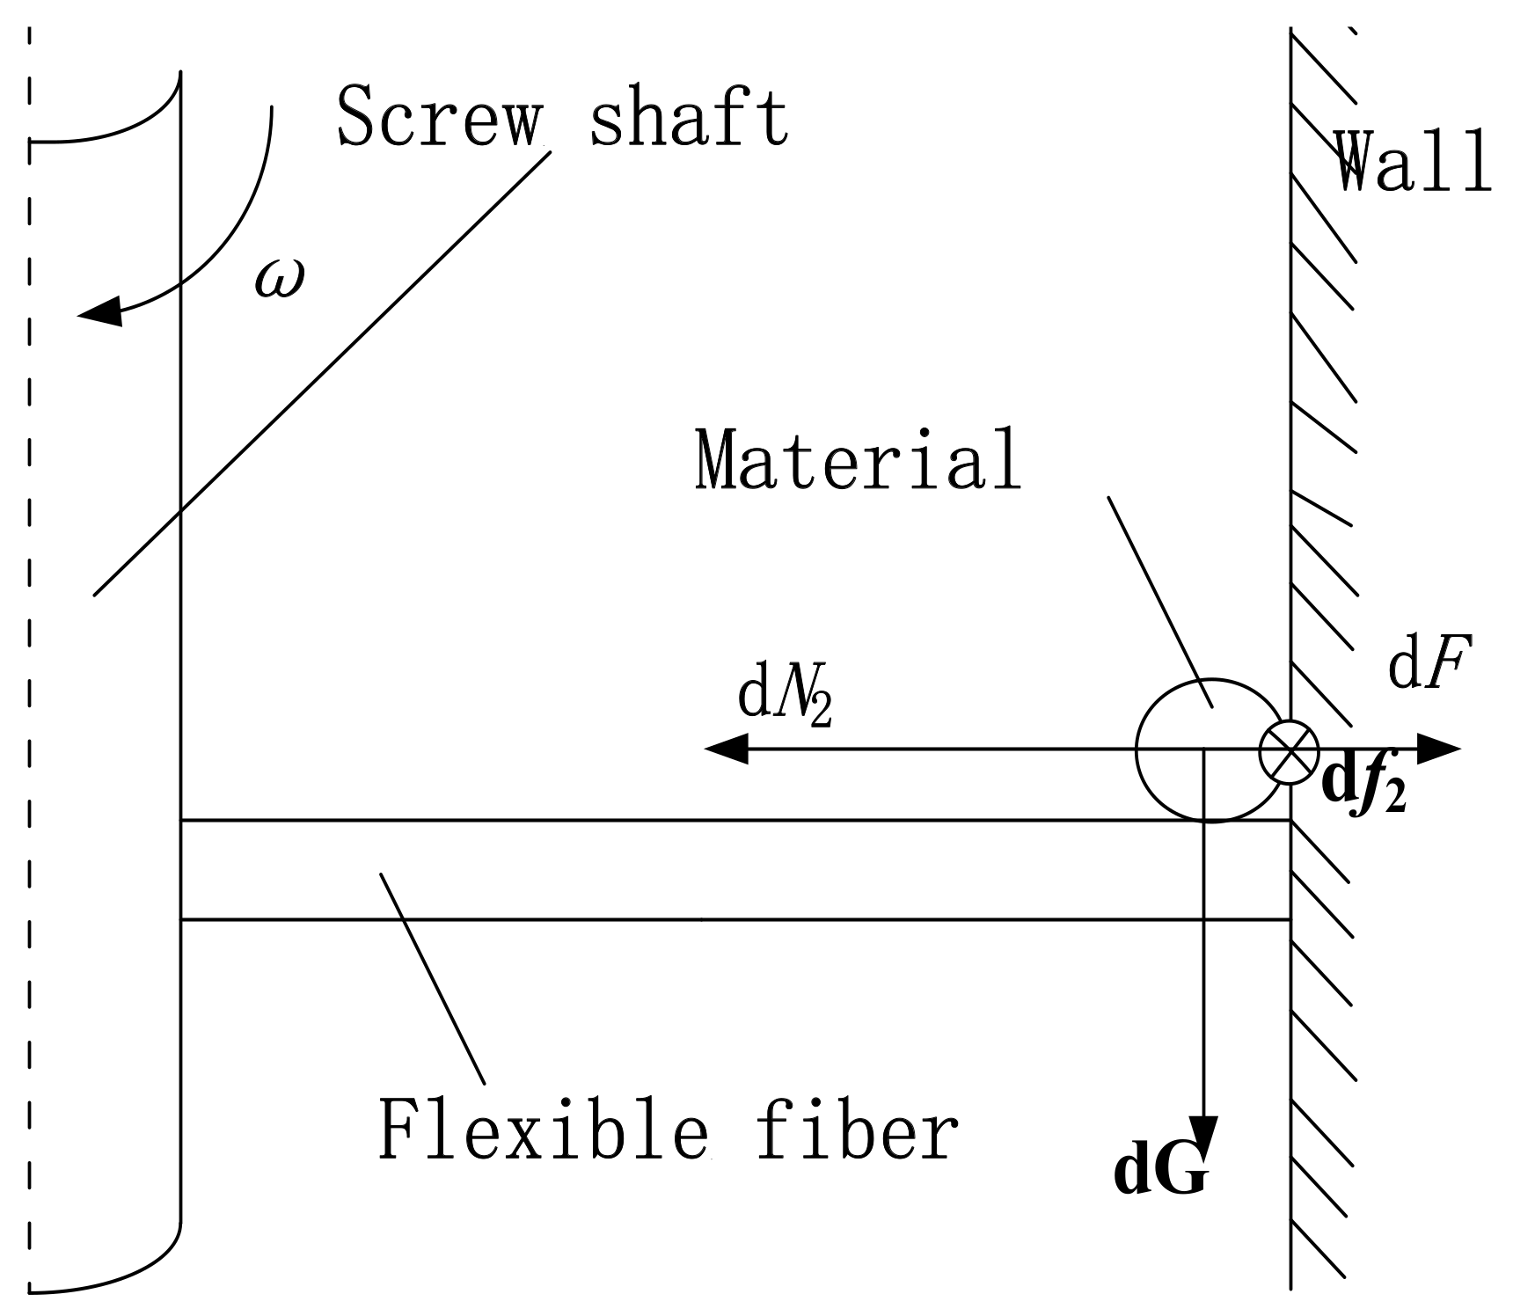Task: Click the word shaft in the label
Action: (x=688, y=116)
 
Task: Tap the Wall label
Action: (x=1413, y=162)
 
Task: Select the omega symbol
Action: (x=279, y=280)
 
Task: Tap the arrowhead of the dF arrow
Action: (x=1439, y=749)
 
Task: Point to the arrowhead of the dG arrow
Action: (x=1203, y=1135)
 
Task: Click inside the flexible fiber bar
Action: (x=704, y=869)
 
